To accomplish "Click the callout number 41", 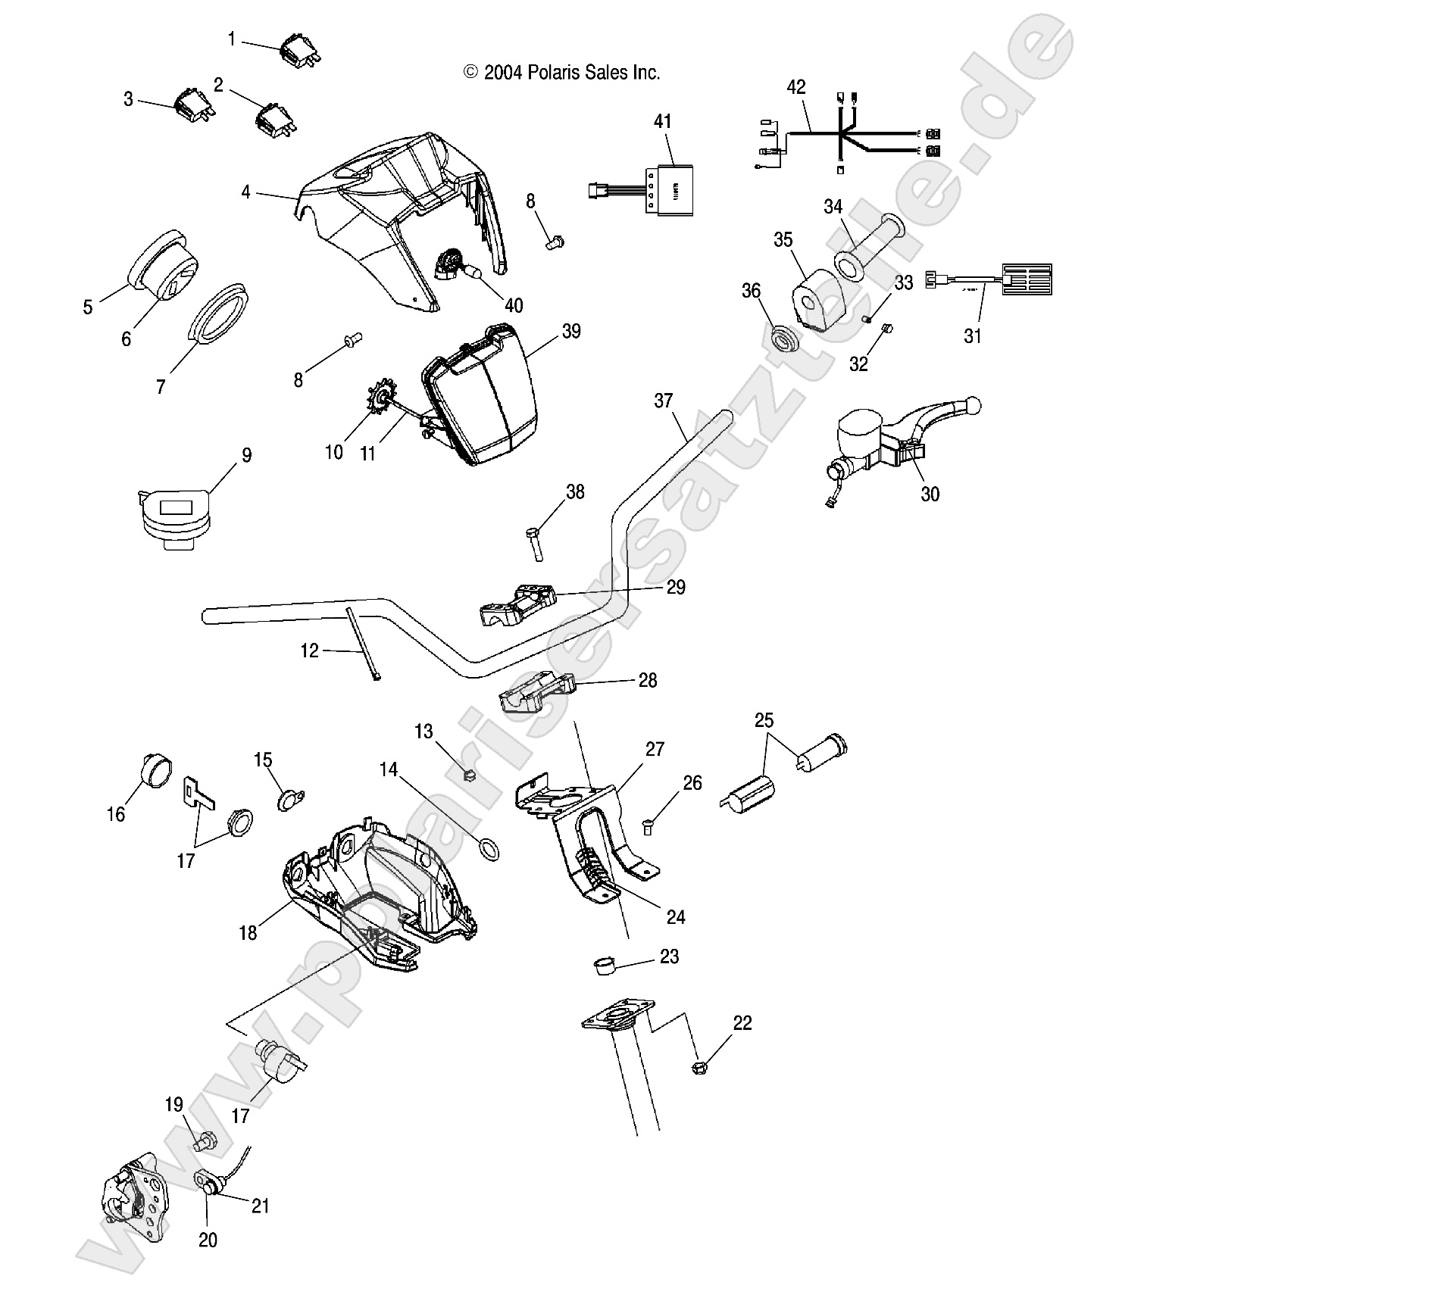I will tap(662, 121).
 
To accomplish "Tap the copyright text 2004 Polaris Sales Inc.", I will tap(561, 73).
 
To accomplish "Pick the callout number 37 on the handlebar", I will tap(663, 401).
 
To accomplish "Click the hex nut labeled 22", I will tap(699, 1068).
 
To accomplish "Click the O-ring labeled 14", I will tap(490, 849).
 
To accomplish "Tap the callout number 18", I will tap(248, 933).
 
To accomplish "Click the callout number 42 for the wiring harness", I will tap(795, 88).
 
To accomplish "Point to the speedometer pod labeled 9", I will tap(172, 513).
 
